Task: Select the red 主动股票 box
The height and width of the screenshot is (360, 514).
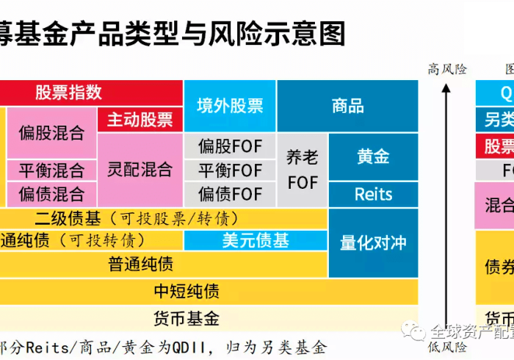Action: click(140, 120)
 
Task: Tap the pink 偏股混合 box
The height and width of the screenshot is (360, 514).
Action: click(51, 133)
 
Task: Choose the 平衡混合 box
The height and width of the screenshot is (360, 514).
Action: click(51, 170)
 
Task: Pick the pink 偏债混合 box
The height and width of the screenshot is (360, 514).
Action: click(51, 194)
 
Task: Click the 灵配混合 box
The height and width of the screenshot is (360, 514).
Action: click(140, 170)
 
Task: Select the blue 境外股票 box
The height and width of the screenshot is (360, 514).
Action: click(230, 106)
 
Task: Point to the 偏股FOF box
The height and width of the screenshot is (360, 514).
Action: click(230, 146)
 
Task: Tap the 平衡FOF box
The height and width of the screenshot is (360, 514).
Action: click(230, 170)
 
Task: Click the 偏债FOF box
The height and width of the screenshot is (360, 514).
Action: click(230, 194)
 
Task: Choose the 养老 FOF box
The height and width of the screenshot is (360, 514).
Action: click(303, 170)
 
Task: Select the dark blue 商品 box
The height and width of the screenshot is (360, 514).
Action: click(347, 106)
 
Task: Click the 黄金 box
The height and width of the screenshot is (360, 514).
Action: click(373, 156)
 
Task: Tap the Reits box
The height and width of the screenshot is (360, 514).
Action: click(373, 195)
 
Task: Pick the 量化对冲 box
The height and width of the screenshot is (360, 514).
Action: click(373, 242)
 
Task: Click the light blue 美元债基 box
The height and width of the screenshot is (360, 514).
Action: click(256, 240)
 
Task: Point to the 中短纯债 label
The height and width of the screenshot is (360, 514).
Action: click(187, 292)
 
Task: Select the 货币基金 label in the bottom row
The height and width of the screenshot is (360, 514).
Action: click(187, 319)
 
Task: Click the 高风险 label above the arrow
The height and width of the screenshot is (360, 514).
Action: click(447, 69)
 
